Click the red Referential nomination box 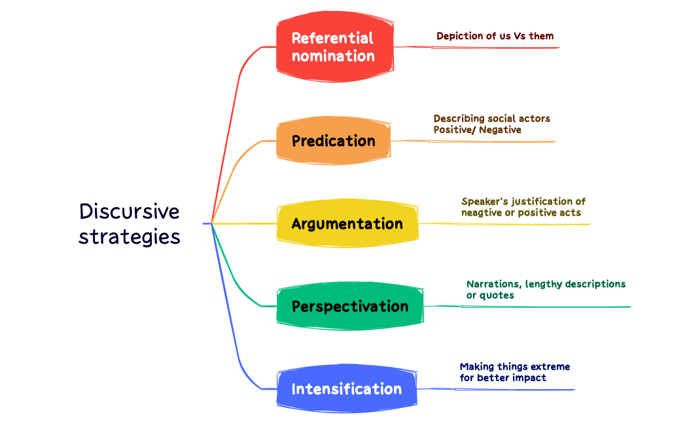click(x=334, y=46)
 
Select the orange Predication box click(x=334, y=141)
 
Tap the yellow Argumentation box click(x=347, y=224)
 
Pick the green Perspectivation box click(x=349, y=306)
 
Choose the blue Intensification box click(x=347, y=389)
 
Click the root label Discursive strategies click(x=130, y=223)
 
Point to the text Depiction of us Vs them click(x=495, y=36)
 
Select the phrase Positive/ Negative click(x=477, y=130)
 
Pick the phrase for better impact click(x=502, y=378)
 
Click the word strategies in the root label click(x=130, y=236)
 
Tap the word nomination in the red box click(x=334, y=56)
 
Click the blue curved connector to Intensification click(x=230, y=327)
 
